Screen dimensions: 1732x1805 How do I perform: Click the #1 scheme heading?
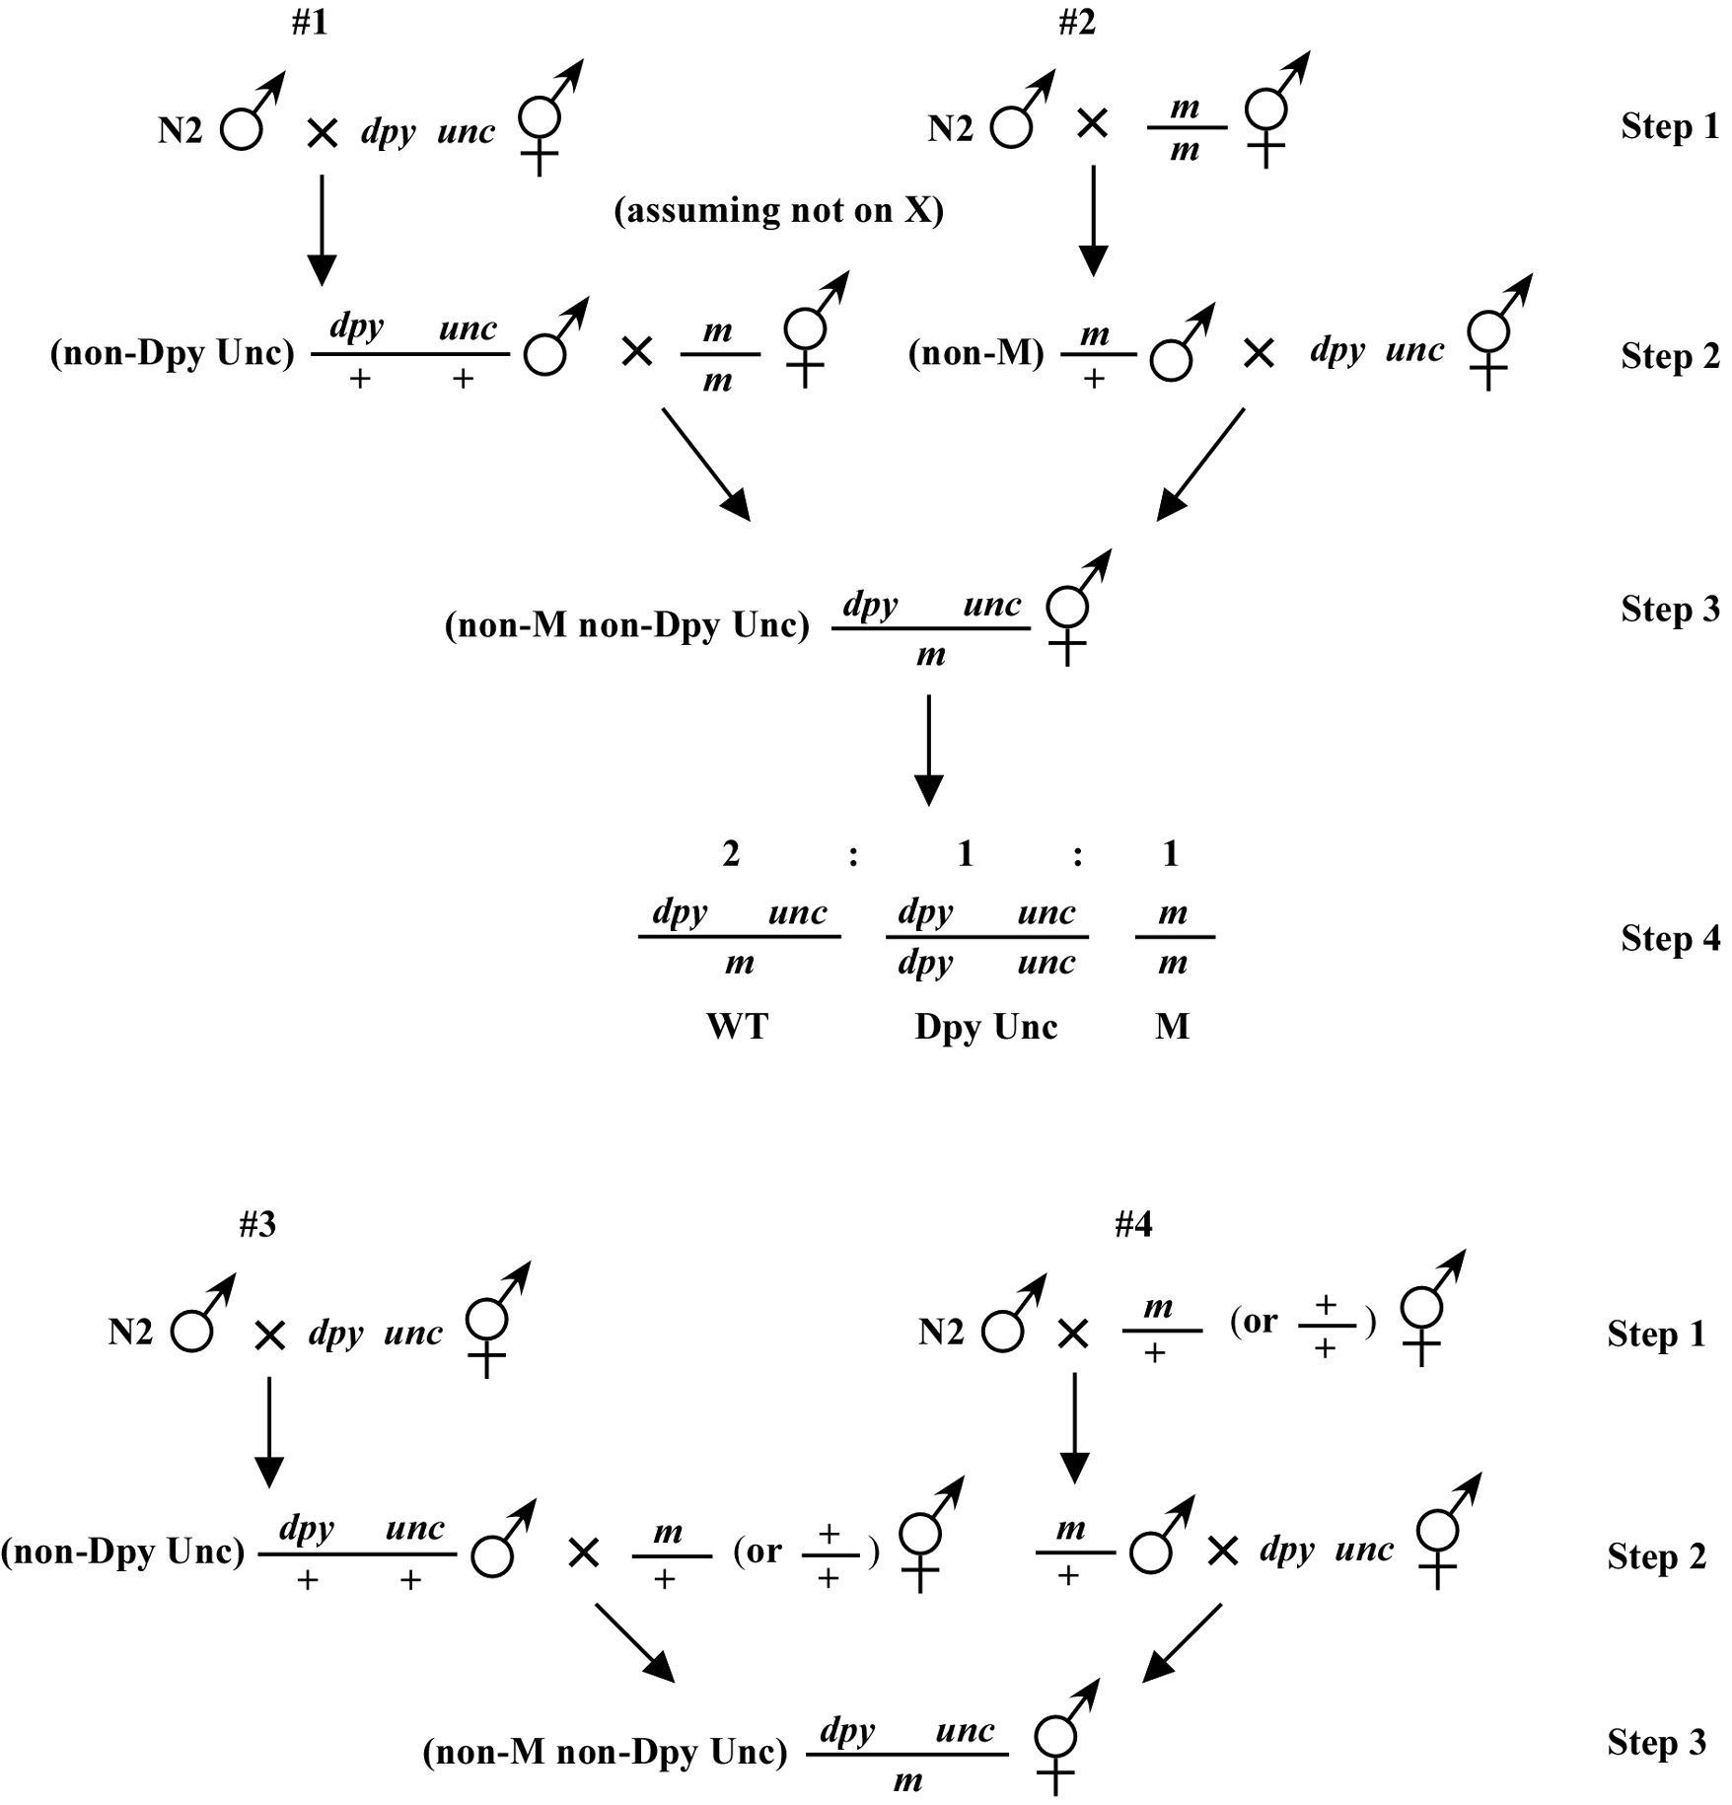310,23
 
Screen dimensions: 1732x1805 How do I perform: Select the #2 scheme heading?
1077,23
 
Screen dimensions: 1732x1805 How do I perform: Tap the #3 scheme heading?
257,1224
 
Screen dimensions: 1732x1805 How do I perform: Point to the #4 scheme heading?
1133,1224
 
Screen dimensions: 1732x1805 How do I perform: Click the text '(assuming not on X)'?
779,210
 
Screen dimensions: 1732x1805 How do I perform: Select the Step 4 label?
1671,938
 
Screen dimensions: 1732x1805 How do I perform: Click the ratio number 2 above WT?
731,853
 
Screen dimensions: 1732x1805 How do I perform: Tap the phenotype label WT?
738,1027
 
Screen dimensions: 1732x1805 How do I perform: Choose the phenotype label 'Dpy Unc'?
986,1027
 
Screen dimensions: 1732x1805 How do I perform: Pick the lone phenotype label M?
1173,1027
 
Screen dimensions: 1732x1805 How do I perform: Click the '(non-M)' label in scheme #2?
976,353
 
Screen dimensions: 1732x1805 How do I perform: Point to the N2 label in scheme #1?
180,130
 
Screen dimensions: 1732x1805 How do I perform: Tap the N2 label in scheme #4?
941,1333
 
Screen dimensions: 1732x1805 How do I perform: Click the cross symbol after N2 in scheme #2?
1093,124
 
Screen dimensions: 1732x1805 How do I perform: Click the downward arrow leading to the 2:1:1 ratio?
929,751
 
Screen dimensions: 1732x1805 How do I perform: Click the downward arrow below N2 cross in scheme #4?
1074,1428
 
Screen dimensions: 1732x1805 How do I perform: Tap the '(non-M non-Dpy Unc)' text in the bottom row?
606,1752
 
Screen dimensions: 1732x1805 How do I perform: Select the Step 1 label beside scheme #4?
1657,1334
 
